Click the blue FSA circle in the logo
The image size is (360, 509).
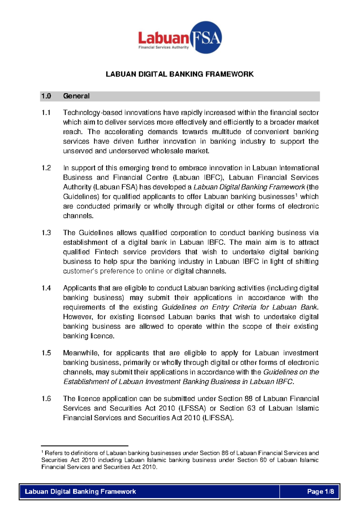(x=205, y=38)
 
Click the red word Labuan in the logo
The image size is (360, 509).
(x=163, y=38)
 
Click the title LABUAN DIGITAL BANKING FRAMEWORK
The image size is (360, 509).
(x=180, y=74)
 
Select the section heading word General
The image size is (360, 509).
(x=76, y=96)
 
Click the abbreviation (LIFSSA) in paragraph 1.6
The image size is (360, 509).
(x=218, y=418)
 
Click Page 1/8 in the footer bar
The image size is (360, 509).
(x=320, y=492)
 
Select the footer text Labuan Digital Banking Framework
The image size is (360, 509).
(x=80, y=492)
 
